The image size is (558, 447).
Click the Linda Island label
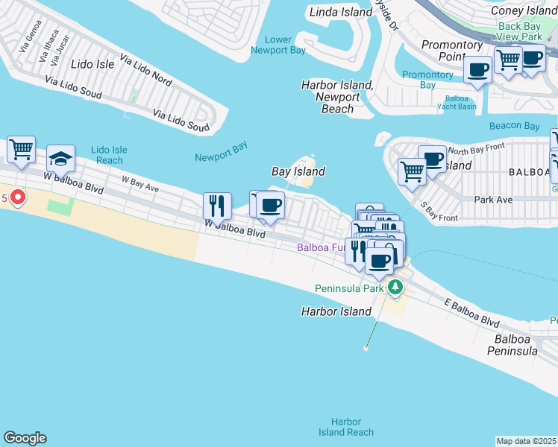click(340, 12)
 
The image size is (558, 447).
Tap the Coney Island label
click(523, 10)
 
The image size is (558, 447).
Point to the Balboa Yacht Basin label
click(460, 102)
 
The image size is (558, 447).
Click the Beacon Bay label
click(514, 126)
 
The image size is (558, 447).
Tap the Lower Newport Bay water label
click(278, 45)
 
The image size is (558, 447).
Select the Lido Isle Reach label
click(109, 155)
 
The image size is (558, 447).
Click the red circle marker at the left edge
click(16, 198)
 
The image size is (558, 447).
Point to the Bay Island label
click(298, 171)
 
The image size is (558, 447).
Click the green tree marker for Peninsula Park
click(395, 288)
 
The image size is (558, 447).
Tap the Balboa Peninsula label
click(512, 344)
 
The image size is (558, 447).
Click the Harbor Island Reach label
click(345, 427)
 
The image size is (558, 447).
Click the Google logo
click(25, 438)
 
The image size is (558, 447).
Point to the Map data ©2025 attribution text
click(527, 441)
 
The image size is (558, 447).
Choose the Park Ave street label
click(494, 200)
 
